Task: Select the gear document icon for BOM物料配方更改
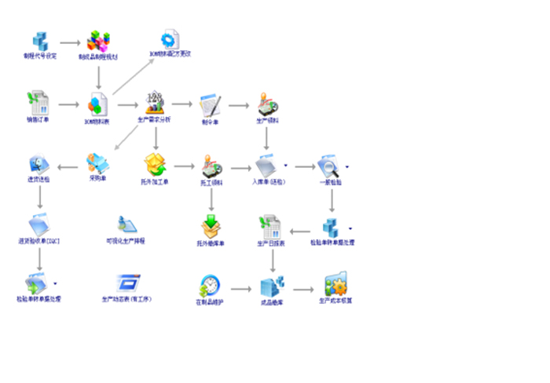tap(170, 38)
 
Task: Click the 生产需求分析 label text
tap(154, 119)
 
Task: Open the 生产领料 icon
tap(267, 104)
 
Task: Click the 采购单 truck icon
tap(98, 163)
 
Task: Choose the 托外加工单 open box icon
tap(154, 164)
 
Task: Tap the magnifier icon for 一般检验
tap(328, 166)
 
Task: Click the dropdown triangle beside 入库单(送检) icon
tap(285, 166)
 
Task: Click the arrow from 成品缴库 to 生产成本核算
tap(305, 287)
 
